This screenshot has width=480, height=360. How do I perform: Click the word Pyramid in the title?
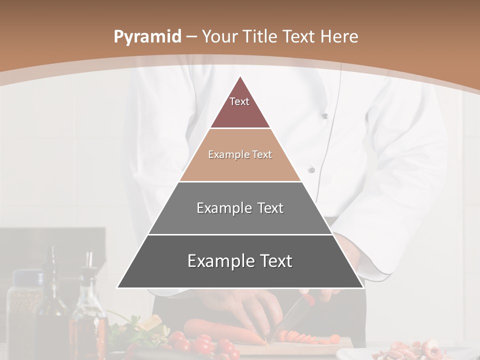point(147,37)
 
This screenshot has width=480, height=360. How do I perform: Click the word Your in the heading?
point(219,36)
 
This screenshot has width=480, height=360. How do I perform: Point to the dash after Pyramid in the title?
point(191,37)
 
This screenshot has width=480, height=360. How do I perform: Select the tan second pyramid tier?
point(240,155)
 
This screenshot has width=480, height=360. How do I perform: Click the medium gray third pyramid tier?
point(240,208)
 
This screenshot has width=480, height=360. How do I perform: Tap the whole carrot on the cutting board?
point(220,332)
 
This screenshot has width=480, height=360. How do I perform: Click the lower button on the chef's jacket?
point(311,170)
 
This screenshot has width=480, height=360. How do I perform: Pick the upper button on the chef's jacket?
point(324,116)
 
